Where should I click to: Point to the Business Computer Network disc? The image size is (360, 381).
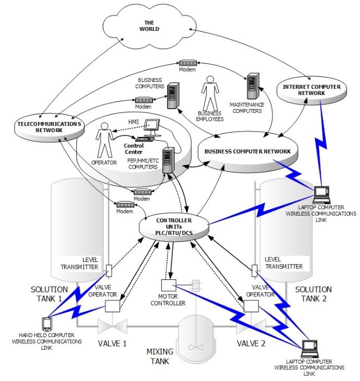248,151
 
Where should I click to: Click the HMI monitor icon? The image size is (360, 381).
151,126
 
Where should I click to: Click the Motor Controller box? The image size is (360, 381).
170,286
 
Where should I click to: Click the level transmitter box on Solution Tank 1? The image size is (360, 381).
109,271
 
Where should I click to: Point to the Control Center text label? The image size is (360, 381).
134,146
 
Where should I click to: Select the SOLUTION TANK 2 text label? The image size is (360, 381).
313,293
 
